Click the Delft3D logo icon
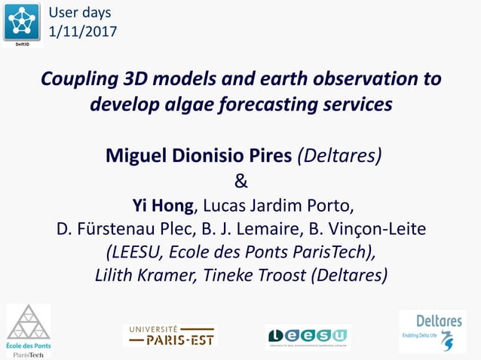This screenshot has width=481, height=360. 23,23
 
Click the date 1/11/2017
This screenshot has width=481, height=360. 82,31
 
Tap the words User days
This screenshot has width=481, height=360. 79,12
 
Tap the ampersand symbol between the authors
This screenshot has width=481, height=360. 240,181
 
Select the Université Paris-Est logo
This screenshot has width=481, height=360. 170,335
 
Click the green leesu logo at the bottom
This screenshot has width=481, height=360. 308,336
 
